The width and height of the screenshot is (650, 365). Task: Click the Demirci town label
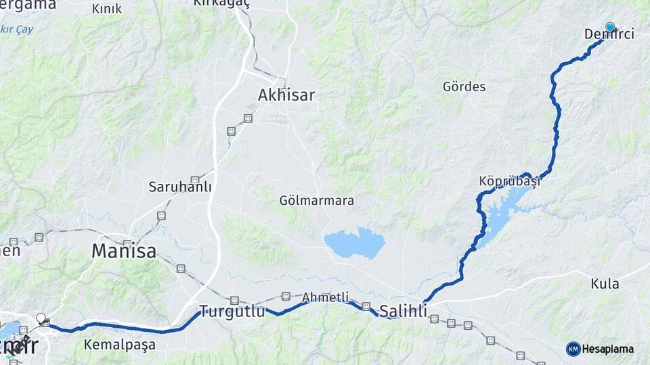pos(609,34)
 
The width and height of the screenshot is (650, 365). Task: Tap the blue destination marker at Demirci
pos(610,27)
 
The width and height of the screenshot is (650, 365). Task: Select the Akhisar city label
pos(286,95)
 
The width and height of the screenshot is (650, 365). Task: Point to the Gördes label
pos(464,87)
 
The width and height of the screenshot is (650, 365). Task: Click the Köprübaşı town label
pos(509,182)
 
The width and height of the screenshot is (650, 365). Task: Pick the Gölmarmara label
pos(316,201)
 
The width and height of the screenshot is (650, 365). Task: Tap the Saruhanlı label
pos(180,187)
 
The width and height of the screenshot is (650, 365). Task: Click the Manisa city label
pos(124,251)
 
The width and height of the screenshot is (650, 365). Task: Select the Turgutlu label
pos(232,312)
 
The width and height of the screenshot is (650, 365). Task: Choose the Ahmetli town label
pos(326,297)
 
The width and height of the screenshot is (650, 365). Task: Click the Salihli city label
pos(404,312)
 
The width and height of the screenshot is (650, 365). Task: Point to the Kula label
pos(605,284)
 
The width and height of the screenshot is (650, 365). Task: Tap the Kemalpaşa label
pos(119,345)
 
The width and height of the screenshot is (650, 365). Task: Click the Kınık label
pos(106,9)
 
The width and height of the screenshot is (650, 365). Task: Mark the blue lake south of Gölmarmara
pos(354,243)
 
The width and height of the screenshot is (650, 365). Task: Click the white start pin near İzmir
pos(41,317)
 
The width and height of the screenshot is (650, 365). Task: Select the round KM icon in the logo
pos(573,349)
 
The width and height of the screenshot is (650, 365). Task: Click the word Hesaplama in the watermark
pos(608,349)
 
